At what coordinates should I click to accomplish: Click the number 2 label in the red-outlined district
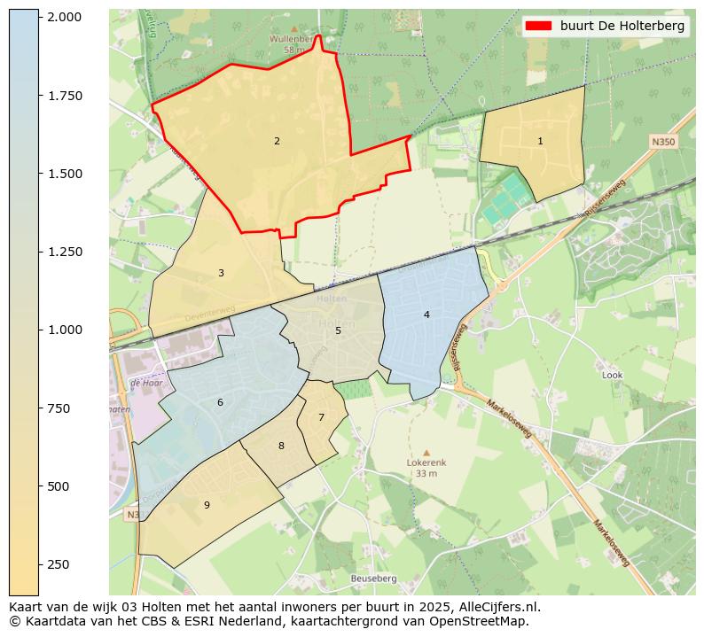click(x=277, y=141)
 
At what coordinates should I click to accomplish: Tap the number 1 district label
click(x=540, y=141)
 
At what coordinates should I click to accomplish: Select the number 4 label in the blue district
click(x=426, y=315)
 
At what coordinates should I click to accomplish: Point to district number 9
click(x=207, y=505)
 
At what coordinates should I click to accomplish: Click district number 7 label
click(x=321, y=417)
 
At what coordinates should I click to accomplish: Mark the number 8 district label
click(x=281, y=446)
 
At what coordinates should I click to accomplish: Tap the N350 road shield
click(x=662, y=142)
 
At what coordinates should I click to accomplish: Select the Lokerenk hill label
click(x=426, y=462)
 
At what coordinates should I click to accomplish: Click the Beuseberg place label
click(x=373, y=579)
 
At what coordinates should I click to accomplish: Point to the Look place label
click(x=612, y=375)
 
